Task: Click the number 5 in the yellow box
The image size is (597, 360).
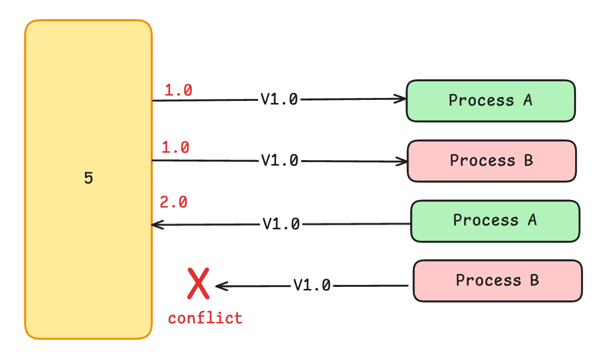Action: [x=88, y=179]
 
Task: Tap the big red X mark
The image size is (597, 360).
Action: [x=198, y=283]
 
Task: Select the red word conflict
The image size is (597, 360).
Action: [x=205, y=318]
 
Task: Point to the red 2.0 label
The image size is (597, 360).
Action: [x=173, y=202]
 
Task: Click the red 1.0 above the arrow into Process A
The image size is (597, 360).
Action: [x=178, y=90]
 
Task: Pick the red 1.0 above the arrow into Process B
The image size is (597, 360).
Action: [x=176, y=148]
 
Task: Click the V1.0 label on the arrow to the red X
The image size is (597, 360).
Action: [x=312, y=285]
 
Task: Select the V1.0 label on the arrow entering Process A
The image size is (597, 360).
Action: [x=279, y=99]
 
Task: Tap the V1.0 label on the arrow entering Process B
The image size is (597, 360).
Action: [x=279, y=161]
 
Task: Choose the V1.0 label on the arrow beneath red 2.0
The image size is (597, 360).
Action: [x=281, y=225]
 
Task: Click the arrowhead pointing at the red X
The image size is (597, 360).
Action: [x=220, y=286]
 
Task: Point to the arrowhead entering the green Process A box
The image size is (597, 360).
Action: [x=402, y=98]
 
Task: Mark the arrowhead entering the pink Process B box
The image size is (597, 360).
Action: [x=403, y=161]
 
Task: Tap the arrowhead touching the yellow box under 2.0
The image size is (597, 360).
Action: [x=157, y=225]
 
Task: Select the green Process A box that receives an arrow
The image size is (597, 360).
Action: [x=491, y=100]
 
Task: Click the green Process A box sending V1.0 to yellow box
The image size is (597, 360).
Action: [x=495, y=221]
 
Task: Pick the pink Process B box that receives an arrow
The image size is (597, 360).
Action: [x=492, y=161]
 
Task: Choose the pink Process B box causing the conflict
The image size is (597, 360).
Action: [x=497, y=280]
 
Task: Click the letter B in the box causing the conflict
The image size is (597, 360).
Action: [x=534, y=280]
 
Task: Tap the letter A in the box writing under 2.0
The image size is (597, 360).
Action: [x=532, y=220]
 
